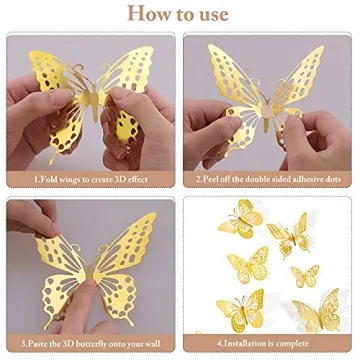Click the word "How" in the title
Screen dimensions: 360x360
pyautogui.click(x=142, y=14)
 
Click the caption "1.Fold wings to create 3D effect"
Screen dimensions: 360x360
pyautogui.click(x=90, y=180)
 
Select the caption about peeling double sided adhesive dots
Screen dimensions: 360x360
pyautogui.click(x=270, y=180)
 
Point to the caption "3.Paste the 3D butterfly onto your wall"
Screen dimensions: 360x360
pyautogui.click(x=90, y=346)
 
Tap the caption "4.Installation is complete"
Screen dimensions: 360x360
pyautogui.click(x=270, y=346)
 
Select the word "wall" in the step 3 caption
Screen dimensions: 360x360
pyautogui.click(x=154, y=346)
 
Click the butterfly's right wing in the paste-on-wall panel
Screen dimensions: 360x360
pyautogui.click(x=125, y=265)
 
